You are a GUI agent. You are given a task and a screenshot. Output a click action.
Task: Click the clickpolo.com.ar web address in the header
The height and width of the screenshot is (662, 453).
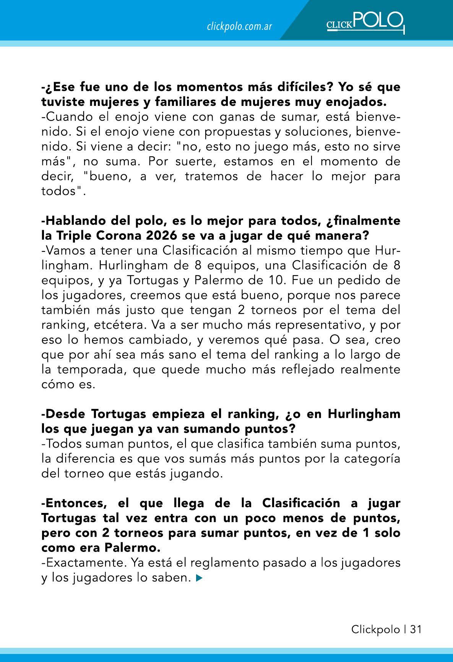(x=239, y=27)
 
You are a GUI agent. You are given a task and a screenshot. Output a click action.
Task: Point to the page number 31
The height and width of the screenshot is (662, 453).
(x=416, y=629)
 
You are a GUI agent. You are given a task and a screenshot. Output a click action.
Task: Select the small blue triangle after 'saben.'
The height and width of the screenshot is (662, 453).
(x=198, y=578)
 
